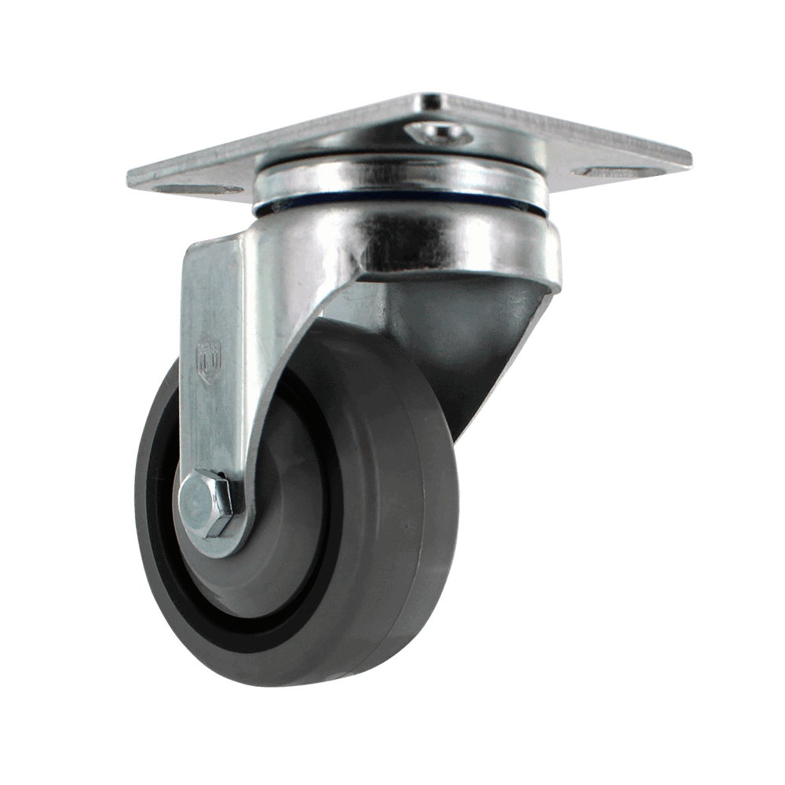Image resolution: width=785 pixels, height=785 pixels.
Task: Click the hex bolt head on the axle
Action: point(206,504)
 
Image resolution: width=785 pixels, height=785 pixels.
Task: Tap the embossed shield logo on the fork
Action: point(209,362)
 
